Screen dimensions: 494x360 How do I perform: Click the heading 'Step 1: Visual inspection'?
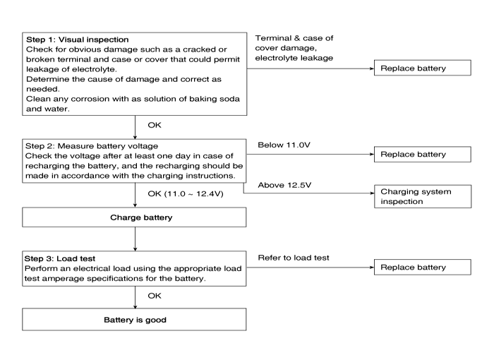pyautogui.click(x=78, y=40)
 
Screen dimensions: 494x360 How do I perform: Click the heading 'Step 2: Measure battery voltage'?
pyautogui.click(x=92, y=146)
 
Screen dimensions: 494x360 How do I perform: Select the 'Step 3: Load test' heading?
pyautogui.click(x=60, y=259)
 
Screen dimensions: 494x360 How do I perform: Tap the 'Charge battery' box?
pyautogui.click(x=134, y=217)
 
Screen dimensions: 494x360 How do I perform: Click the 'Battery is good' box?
pyautogui.click(x=134, y=319)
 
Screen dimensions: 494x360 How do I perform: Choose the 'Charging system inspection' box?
pyautogui.click(x=423, y=196)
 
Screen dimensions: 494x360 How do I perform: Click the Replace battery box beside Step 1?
pyautogui.click(x=423, y=68)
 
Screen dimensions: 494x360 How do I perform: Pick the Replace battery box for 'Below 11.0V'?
pyautogui.click(x=423, y=154)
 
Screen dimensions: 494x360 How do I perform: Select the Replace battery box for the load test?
pyautogui.click(x=423, y=267)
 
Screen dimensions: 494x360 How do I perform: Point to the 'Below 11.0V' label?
pyautogui.click(x=284, y=145)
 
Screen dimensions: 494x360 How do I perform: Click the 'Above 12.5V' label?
pyautogui.click(x=284, y=185)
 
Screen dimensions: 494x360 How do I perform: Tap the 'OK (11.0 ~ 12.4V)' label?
pyautogui.click(x=186, y=193)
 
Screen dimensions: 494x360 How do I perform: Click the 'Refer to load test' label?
pyautogui.click(x=294, y=258)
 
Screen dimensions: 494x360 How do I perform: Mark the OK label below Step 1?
pyautogui.click(x=155, y=125)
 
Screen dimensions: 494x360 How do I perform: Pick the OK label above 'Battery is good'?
pyautogui.click(x=155, y=296)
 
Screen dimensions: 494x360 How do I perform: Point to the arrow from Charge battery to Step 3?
pyautogui.click(x=135, y=239)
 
